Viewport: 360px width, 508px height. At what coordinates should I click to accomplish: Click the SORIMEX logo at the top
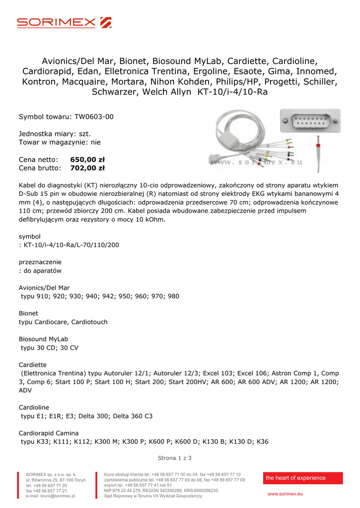64,22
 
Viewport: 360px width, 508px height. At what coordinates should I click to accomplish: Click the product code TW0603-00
94,117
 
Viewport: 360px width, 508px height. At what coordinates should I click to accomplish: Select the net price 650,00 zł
87,160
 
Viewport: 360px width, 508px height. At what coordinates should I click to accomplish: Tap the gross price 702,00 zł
87,168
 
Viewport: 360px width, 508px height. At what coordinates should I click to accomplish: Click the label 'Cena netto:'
38,160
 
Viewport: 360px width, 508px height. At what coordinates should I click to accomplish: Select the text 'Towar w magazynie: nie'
60,142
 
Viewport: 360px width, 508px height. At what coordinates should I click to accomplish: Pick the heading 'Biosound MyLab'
43,339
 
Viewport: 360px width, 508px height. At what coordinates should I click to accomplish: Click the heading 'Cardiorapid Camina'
49,433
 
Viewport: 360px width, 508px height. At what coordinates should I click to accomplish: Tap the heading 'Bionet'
28,314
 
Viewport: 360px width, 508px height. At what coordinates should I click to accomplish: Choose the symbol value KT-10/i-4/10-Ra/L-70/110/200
72,245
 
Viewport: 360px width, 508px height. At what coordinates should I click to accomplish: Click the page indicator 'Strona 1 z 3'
174,458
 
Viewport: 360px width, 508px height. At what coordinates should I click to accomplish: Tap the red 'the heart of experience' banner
302,478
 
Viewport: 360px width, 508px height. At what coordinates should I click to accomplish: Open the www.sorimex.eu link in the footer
285,494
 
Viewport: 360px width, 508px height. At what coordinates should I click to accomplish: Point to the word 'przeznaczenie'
40,261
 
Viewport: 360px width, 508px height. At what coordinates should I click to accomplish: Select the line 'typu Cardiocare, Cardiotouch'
63,322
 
